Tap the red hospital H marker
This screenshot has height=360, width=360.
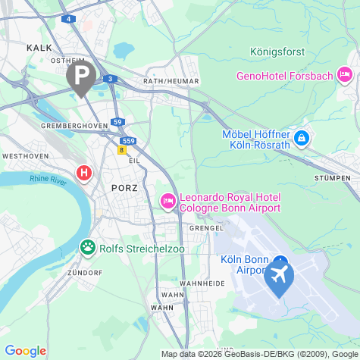pyautogui.click(x=84, y=173)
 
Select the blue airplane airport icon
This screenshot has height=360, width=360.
pyautogui.click(x=279, y=277)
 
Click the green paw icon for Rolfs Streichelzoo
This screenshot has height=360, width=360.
pyautogui.click(x=88, y=247)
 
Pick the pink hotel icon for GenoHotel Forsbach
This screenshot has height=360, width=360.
pyautogui.click(x=345, y=74)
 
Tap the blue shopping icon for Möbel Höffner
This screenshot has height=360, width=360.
pyautogui.click(x=302, y=139)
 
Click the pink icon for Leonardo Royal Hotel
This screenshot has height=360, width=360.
pyautogui.click(x=167, y=201)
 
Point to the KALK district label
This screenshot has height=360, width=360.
pyautogui.click(x=39, y=47)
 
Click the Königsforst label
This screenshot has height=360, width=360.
pyautogui.click(x=277, y=52)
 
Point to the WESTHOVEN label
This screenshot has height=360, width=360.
pyautogui.click(x=25, y=155)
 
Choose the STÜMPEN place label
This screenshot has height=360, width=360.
pyautogui.click(x=331, y=177)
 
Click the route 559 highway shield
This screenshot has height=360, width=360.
pyautogui.click(x=128, y=141)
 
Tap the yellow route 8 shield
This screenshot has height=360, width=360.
pyautogui.click(x=121, y=150)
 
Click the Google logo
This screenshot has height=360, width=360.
pyautogui.click(x=26, y=351)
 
